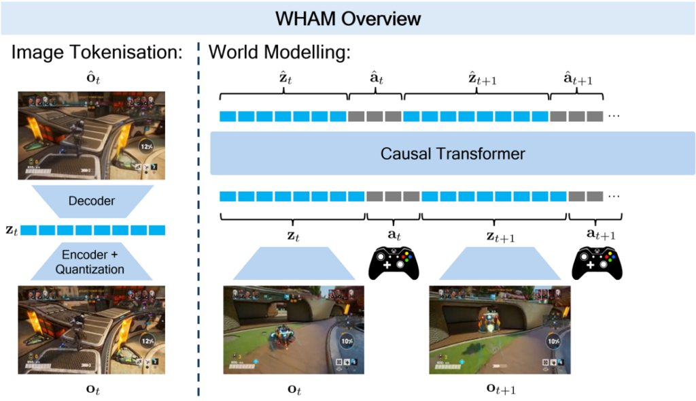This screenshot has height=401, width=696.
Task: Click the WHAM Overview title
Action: click(347, 18)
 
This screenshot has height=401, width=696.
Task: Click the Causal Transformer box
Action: click(452, 154)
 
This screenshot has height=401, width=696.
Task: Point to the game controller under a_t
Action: click(394, 261)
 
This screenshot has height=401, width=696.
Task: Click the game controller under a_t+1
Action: click(595, 261)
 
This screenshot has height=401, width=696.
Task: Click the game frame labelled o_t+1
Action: click(500, 329)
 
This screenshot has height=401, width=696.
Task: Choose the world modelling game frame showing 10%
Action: click(294, 329)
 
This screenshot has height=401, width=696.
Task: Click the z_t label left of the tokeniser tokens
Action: click(10, 231)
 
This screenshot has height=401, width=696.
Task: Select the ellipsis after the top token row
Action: click(614, 116)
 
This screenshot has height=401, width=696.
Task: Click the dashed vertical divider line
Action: click(198, 225)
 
